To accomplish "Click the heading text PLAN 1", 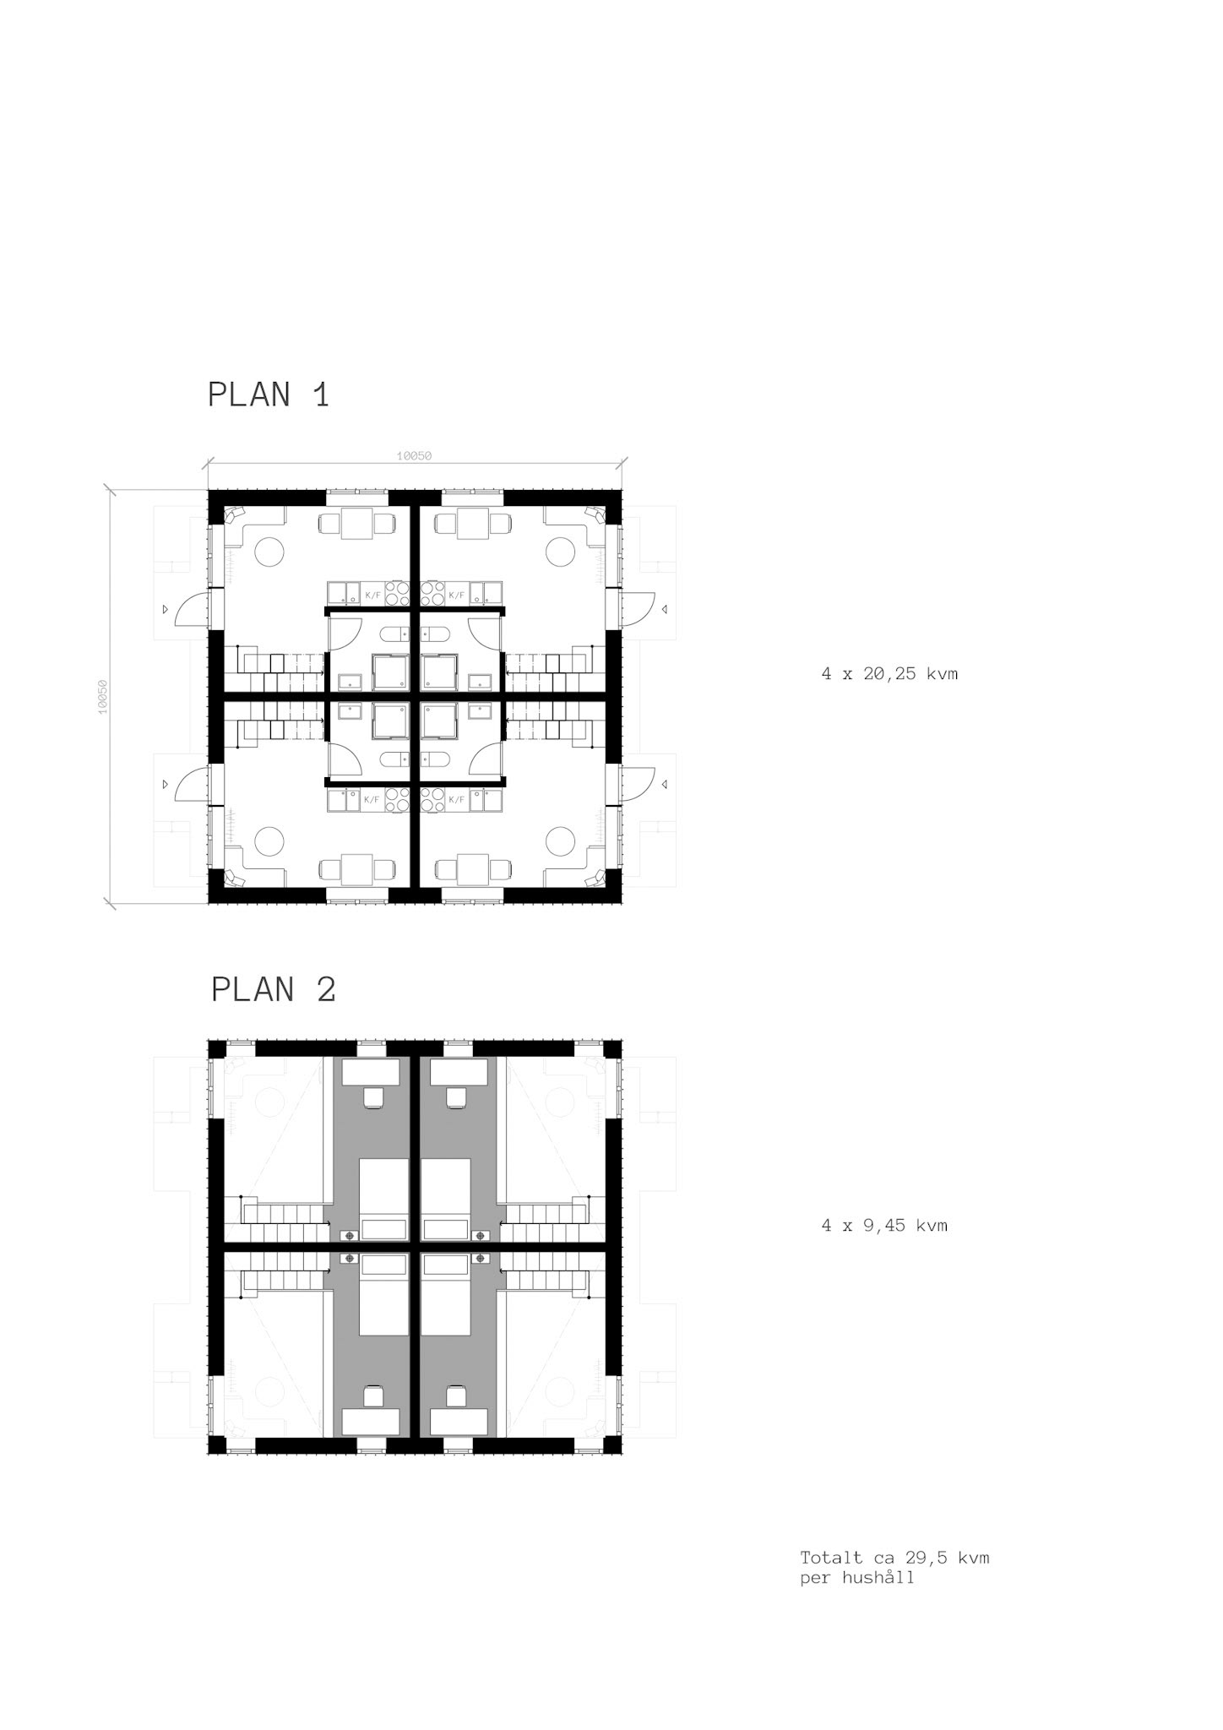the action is tap(269, 395).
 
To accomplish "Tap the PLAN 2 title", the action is tap(274, 989).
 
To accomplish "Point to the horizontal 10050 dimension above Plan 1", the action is tap(414, 456).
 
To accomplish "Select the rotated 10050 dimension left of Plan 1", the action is tap(103, 697).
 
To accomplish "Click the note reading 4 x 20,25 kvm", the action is tap(889, 674).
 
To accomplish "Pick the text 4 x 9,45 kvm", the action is tap(884, 1226).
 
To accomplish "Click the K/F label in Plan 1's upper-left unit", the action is tap(372, 596).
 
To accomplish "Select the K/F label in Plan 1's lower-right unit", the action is tap(457, 799).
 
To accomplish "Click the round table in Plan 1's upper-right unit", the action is tap(560, 552).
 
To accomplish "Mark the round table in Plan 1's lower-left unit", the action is tap(269, 841).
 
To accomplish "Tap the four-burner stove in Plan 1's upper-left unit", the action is tap(397, 593).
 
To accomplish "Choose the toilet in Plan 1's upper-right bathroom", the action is tap(436, 634).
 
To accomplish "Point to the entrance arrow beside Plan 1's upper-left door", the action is tap(166, 608).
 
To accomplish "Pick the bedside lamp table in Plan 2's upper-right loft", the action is tap(481, 1235).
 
